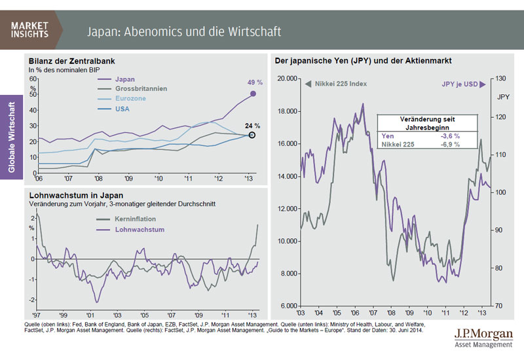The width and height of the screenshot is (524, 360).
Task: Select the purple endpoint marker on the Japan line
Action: click(253, 94)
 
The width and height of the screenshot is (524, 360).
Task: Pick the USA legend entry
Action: click(123, 109)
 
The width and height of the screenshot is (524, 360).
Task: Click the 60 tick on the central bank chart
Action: click(33, 78)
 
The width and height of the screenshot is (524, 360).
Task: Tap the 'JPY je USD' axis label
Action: click(459, 84)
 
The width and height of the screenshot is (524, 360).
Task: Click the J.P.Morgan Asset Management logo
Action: click(484, 338)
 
